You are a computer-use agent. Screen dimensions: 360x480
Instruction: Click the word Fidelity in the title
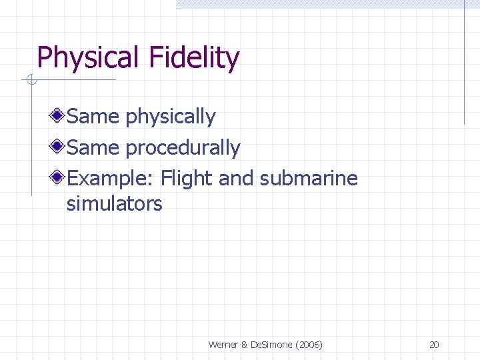(x=194, y=58)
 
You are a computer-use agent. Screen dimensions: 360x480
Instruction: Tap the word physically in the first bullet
(x=171, y=117)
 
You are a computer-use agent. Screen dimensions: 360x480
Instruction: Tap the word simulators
(x=114, y=203)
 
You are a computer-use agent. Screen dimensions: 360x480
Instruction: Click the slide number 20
(x=434, y=345)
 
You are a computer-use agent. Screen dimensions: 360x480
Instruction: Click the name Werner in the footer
(x=223, y=345)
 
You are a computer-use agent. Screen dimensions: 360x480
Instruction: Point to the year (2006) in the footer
(x=309, y=345)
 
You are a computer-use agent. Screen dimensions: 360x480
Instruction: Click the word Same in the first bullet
(x=93, y=117)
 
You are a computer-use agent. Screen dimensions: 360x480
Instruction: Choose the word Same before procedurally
(x=93, y=147)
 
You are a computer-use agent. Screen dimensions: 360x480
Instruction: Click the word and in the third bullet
(x=236, y=179)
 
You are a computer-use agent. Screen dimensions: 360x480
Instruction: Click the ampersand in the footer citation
(x=244, y=345)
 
